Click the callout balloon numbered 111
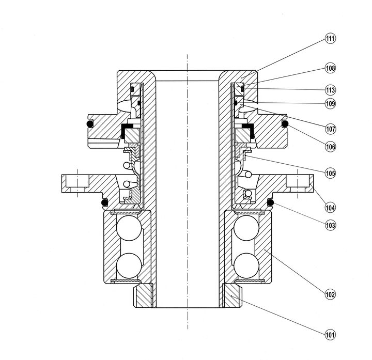click(x=330, y=39)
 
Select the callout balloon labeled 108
click(x=330, y=68)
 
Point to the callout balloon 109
click(x=330, y=103)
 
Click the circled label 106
click(x=330, y=146)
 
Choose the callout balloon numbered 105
click(x=330, y=173)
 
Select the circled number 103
click(x=330, y=225)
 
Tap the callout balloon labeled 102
click(x=330, y=295)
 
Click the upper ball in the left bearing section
click(x=127, y=228)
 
